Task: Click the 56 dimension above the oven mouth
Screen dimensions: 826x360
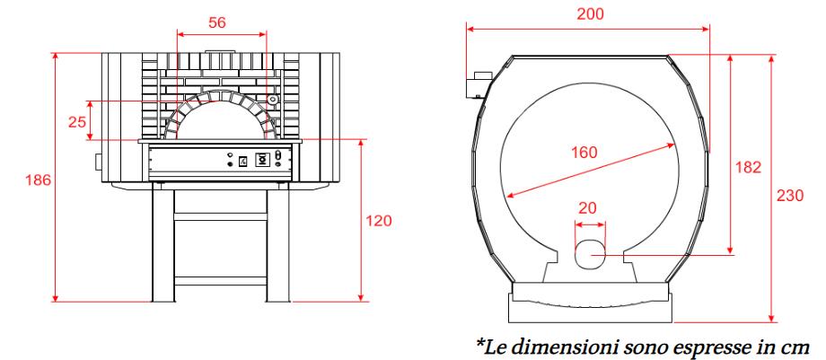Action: point(217,22)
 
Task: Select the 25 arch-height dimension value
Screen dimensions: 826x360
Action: point(77,122)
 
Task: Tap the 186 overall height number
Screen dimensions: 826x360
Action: point(39,180)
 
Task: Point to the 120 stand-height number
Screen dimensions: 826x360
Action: point(379,220)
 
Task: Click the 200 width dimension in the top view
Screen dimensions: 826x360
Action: point(590,14)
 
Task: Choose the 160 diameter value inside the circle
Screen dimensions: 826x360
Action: point(584,153)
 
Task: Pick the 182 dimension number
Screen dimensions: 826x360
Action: point(749,168)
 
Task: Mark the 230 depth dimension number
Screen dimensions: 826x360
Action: point(790,196)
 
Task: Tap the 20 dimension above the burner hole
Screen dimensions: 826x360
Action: point(587,208)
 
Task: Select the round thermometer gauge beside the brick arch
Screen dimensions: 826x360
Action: point(272,99)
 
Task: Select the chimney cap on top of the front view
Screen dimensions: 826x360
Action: point(221,52)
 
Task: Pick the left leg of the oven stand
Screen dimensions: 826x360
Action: point(163,245)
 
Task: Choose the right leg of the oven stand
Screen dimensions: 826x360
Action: point(277,245)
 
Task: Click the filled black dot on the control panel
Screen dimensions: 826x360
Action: point(230,164)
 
